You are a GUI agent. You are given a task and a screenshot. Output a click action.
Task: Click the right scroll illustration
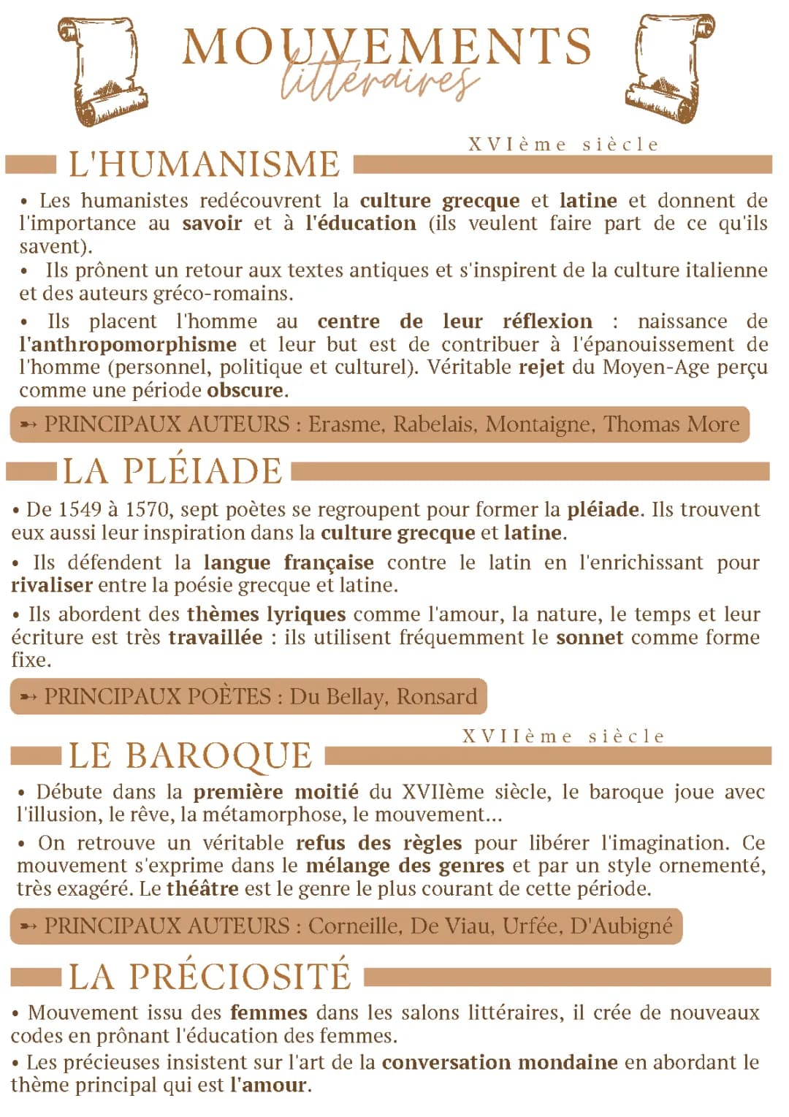671,67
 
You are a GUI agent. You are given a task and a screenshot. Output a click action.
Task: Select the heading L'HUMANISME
204,164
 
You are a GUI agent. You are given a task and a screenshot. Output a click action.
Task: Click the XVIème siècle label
563,145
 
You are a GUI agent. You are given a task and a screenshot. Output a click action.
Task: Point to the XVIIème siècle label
563,736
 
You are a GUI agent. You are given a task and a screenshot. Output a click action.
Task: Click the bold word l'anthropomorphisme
128,344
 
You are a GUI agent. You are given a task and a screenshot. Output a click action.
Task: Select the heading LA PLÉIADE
172,471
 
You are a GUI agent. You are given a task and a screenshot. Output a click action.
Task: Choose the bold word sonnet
590,637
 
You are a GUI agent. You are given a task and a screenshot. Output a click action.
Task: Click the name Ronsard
436,696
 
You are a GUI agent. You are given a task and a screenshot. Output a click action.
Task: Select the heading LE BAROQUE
191,756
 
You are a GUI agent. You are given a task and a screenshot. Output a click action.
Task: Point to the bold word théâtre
202,888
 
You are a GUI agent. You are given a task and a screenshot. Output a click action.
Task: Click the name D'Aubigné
621,926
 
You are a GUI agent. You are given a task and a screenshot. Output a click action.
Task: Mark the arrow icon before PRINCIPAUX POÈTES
28,697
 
